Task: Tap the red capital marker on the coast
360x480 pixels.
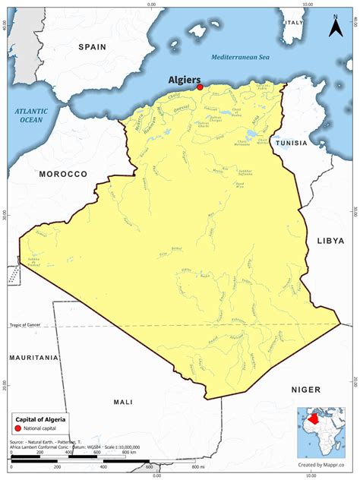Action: (x=200, y=87)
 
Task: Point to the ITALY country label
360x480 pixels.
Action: (x=293, y=23)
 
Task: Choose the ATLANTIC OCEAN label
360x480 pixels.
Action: (x=31, y=115)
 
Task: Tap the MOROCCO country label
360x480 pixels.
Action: (x=64, y=174)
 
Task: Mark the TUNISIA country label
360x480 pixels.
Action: (x=292, y=143)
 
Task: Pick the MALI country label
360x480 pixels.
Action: (x=122, y=402)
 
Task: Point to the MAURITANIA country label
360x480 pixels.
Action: (x=33, y=357)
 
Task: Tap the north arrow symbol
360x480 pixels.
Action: (x=334, y=27)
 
